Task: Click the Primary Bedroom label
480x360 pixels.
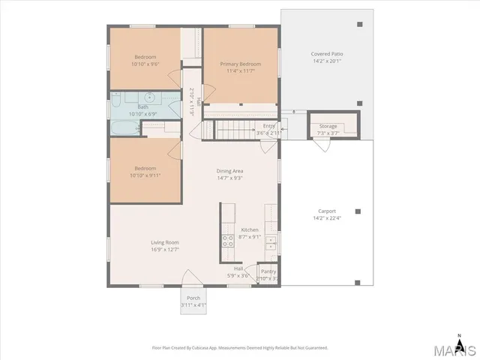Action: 240,64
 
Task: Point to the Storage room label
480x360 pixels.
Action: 328,126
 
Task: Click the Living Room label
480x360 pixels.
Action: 165,242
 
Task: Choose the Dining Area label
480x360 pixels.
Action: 229,171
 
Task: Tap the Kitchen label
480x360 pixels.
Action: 250,229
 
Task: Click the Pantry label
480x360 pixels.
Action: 268,271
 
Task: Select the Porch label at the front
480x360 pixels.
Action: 193,298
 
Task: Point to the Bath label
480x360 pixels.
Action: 142,107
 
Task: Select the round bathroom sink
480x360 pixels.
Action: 150,97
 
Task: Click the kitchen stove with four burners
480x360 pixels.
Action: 227,241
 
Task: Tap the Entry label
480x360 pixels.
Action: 268,126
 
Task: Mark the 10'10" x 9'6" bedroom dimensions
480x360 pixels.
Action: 145,64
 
